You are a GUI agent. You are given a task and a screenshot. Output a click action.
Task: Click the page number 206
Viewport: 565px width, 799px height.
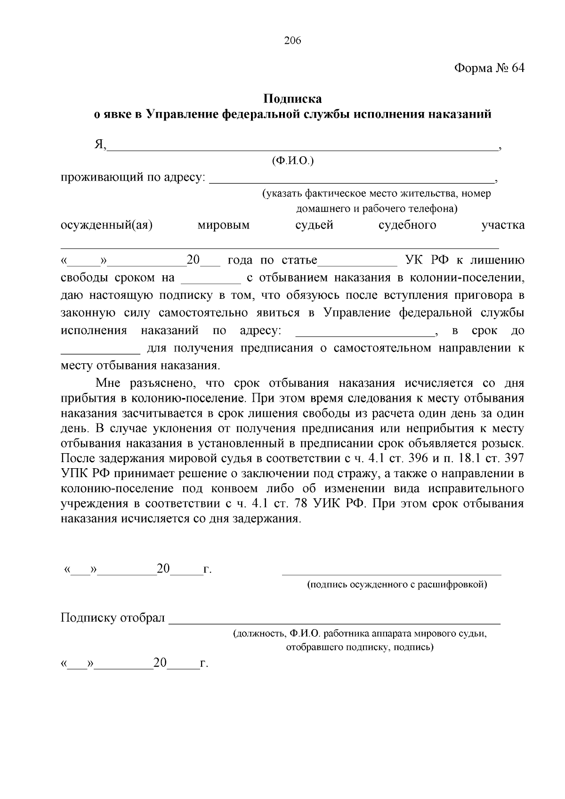(x=292, y=40)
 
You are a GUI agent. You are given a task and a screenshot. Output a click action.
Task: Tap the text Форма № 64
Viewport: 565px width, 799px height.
(x=489, y=68)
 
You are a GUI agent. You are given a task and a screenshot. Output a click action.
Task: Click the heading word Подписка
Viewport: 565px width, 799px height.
(x=292, y=99)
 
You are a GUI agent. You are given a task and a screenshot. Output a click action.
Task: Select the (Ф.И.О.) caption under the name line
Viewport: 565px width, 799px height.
(x=292, y=161)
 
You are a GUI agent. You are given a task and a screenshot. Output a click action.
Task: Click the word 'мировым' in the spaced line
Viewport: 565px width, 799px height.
(x=224, y=225)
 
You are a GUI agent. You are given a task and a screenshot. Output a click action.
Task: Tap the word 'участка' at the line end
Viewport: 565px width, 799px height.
(x=502, y=225)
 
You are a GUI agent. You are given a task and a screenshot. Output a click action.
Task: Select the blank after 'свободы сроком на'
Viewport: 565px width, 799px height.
(x=210, y=281)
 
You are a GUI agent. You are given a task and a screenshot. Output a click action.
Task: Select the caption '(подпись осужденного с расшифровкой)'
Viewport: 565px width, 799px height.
(x=397, y=584)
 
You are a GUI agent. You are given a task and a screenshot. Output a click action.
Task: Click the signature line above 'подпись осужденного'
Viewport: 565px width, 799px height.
(x=391, y=574)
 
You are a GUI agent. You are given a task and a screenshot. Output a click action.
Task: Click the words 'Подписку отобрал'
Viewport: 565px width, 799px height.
(x=113, y=618)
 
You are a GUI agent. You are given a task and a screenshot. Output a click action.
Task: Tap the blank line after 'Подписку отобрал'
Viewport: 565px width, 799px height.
(x=334, y=623)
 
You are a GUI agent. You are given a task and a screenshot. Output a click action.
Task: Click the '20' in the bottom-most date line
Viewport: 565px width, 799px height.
(x=160, y=663)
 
